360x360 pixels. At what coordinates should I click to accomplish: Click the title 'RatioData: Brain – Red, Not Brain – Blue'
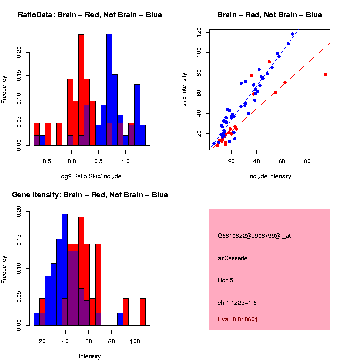(90, 15)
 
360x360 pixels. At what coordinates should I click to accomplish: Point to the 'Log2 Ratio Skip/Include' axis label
(90, 176)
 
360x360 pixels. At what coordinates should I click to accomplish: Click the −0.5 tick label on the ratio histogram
(45, 161)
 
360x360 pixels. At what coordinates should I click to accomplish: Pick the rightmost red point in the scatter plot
(325, 74)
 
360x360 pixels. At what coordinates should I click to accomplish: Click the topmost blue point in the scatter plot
(293, 34)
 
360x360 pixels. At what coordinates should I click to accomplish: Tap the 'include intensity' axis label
(270, 176)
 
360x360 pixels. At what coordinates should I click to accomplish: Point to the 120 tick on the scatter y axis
(199, 31)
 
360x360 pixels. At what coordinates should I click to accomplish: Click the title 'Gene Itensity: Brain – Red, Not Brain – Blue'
(90, 195)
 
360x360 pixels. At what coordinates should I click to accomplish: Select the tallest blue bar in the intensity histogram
(65, 270)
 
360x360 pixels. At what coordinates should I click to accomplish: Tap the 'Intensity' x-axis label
(90, 356)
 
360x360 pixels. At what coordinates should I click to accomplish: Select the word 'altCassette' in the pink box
(233, 258)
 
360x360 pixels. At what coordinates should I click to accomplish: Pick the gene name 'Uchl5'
(226, 280)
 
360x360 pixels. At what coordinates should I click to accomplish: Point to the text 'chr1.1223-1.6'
(237, 303)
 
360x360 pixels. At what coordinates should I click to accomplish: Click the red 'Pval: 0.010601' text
(238, 319)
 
